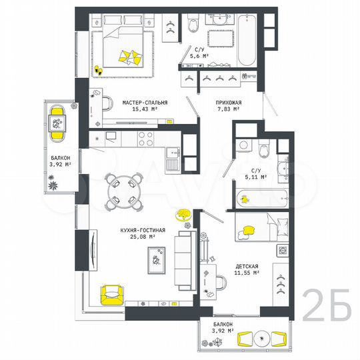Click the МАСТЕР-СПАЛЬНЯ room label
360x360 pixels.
pos(145,102)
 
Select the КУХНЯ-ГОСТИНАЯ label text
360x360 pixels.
pos(138,229)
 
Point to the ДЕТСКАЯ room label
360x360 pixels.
pos(247,265)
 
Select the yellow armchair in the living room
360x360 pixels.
pos(113,294)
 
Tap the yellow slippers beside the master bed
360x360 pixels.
pos(98,69)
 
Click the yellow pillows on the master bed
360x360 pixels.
pos(131,56)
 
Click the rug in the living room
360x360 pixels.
pos(159,259)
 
